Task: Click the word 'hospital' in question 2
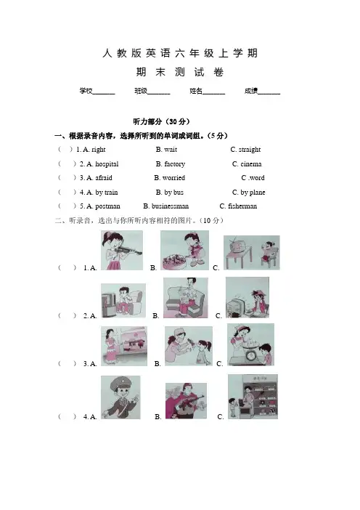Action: pyautogui.click(x=107, y=164)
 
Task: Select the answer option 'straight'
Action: pyautogui.click(x=250, y=150)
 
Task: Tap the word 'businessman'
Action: pyautogui.click(x=170, y=206)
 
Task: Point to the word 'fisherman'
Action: pyautogui.click(x=242, y=206)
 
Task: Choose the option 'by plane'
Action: pyautogui.click(x=253, y=193)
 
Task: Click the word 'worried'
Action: pyautogui.click(x=173, y=178)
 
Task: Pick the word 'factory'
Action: pyautogui.click(x=175, y=164)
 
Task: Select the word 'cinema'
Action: pyautogui.click(x=251, y=164)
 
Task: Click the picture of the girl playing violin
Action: pyautogui.click(x=122, y=250)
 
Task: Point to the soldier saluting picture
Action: pyautogui.click(x=120, y=397)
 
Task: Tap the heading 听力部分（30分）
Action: pyautogui.click(x=161, y=121)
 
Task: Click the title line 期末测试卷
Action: pyautogui.click(x=180, y=72)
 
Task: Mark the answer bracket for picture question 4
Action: pyautogui.click(x=67, y=416)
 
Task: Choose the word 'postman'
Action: pyautogui.click(x=107, y=206)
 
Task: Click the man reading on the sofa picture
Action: pyautogui.click(x=186, y=298)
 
